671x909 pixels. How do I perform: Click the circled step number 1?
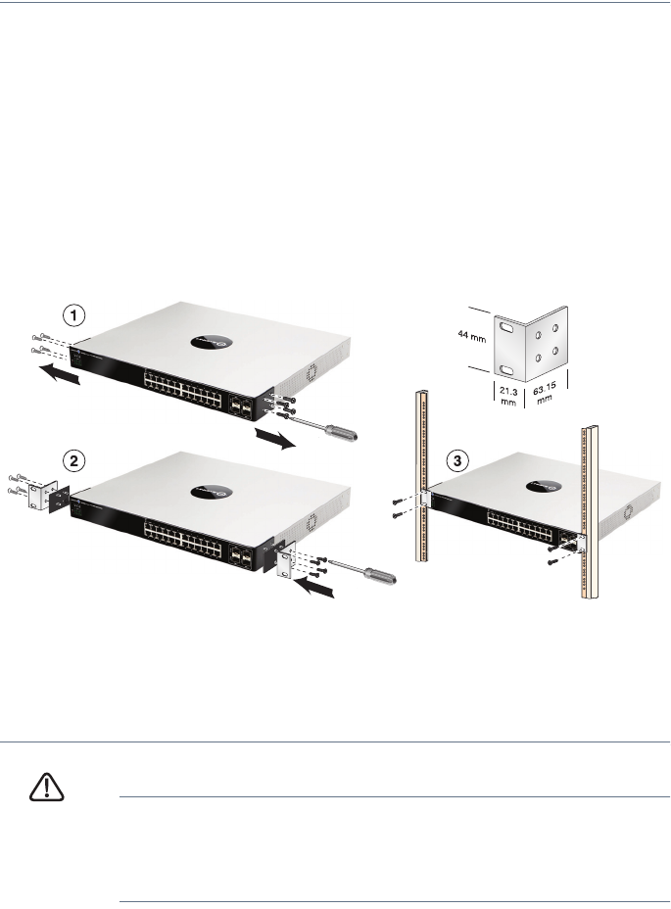point(73,316)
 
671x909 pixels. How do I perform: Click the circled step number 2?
point(73,461)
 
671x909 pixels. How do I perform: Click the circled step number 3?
point(457,461)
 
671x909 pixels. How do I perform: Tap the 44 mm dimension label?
point(471,336)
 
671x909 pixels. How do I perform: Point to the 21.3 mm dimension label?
point(508,397)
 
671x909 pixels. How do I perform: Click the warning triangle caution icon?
point(46,787)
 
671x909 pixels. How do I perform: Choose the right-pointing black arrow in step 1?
point(275,438)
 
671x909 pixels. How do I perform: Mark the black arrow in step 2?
point(314,588)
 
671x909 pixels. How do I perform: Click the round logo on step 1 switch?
point(212,342)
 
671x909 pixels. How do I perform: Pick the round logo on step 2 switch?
point(212,492)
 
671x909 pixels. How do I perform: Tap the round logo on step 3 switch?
point(544,487)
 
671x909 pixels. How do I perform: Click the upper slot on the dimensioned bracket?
point(505,328)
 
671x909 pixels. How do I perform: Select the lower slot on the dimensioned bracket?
point(505,370)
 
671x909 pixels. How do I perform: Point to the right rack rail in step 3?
point(590,512)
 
